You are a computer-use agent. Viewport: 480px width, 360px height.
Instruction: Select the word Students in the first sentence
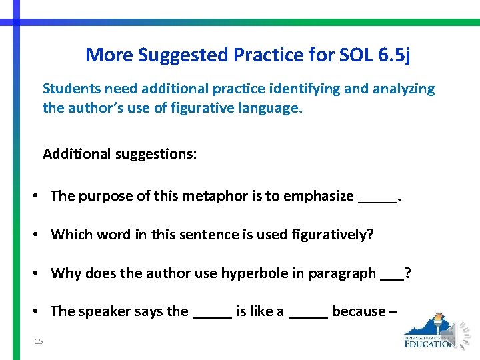[x=70, y=89]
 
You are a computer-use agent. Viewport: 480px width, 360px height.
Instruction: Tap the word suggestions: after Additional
[x=156, y=154]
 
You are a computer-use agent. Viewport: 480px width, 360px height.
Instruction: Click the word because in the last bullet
[x=359, y=311]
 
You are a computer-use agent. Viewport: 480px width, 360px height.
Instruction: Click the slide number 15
[x=39, y=342]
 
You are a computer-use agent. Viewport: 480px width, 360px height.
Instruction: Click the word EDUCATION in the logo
[x=430, y=343]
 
